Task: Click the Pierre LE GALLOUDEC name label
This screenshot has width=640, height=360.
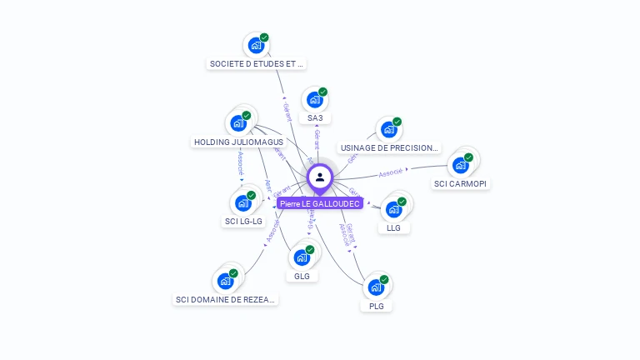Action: coord(320,203)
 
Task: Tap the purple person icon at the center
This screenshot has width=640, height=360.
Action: coord(320,177)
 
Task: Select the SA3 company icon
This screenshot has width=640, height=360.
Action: coord(314,100)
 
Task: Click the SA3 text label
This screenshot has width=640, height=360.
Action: coord(315,118)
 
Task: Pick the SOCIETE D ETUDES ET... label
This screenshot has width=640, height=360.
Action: coord(257,63)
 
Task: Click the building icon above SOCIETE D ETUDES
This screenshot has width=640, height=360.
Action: coord(255,45)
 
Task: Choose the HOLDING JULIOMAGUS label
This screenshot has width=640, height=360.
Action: coord(238,142)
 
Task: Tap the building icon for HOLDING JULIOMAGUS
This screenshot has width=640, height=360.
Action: coord(239,123)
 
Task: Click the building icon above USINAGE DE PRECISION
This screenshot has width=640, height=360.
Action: coord(388,130)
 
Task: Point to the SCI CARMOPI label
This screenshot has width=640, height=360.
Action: coord(461,183)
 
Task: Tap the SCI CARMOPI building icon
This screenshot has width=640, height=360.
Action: coord(460,165)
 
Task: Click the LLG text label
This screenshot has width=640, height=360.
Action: coord(393,227)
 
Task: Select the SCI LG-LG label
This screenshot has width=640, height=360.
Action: coord(243,222)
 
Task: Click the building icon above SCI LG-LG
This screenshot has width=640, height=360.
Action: coord(242,202)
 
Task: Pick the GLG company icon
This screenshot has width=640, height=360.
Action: coord(302,257)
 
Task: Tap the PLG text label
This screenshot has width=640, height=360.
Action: coord(377,306)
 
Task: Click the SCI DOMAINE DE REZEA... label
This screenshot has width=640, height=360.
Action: coord(226,299)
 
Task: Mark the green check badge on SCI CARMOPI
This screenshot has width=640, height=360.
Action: coord(468,157)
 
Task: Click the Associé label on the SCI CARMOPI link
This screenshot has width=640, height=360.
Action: coord(391,172)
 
